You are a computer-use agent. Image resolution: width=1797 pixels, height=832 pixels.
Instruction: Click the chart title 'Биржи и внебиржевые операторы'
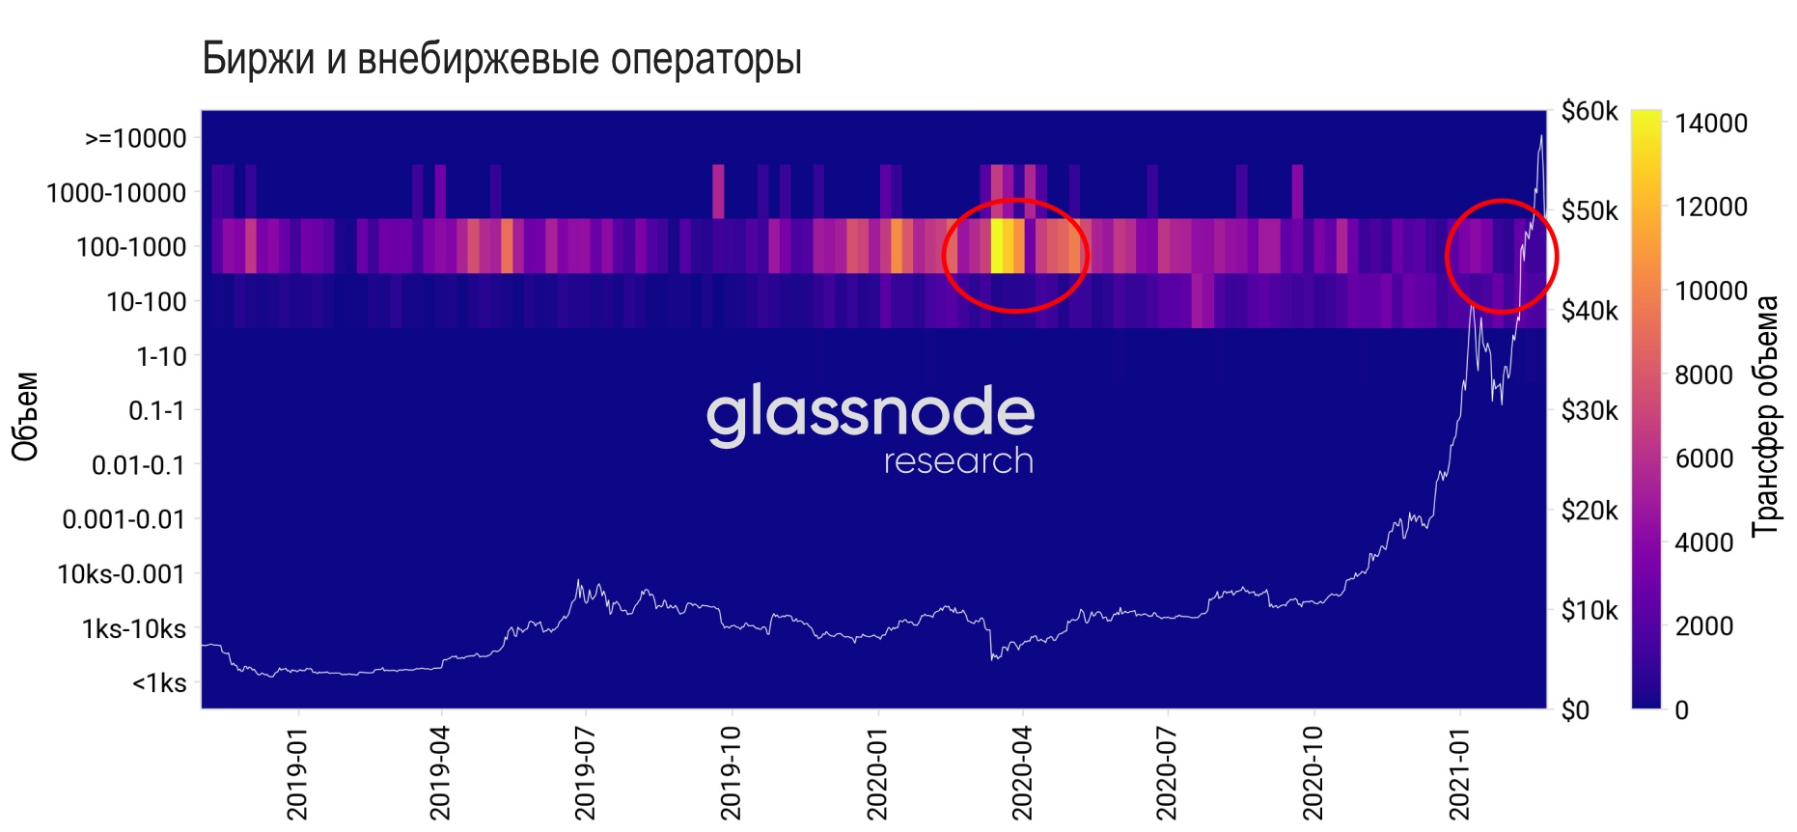(x=502, y=60)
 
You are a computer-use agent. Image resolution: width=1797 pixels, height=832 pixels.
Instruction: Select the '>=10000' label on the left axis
(x=135, y=139)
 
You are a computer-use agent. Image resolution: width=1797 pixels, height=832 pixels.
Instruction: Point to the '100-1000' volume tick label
(x=131, y=247)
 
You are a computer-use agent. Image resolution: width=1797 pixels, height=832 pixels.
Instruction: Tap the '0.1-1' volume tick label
(x=157, y=411)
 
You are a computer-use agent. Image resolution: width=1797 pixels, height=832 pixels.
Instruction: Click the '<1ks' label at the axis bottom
(x=159, y=683)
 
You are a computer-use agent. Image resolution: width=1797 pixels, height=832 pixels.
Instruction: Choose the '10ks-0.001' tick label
(x=121, y=574)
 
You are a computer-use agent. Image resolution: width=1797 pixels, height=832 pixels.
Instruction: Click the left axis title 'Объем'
(x=26, y=416)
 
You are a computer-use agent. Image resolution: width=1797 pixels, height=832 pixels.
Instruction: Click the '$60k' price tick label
(x=1590, y=112)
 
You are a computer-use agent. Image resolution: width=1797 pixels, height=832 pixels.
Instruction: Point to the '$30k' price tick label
(x=1590, y=411)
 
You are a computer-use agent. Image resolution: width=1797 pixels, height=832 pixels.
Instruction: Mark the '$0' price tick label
(x=1575, y=710)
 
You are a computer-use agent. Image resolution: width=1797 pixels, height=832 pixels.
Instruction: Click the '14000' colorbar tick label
(x=1711, y=124)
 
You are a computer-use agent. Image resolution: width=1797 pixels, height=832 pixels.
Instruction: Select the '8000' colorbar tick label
(x=1703, y=374)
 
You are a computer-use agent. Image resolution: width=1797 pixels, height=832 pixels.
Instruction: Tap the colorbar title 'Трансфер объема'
(x=1765, y=416)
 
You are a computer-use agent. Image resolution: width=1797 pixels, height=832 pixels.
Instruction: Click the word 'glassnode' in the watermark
(x=871, y=413)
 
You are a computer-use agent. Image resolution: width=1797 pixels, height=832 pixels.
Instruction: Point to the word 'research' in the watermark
(x=958, y=461)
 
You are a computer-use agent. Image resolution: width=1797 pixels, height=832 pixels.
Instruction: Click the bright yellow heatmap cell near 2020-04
(x=1007, y=246)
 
